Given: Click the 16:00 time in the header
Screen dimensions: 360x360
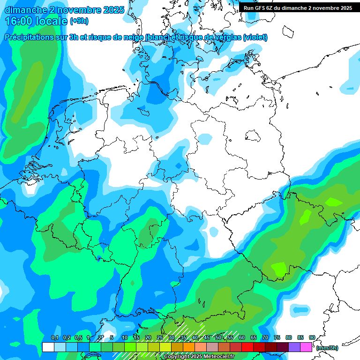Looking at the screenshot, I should pyautogui.click(x=36, y=21).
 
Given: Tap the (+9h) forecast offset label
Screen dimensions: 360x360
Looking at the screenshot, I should pyautogui.click(x=79, y=21).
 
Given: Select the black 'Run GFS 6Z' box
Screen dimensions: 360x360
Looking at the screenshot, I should pyautogui.click(x=298, y=7).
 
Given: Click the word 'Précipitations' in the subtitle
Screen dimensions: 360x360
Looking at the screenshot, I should pyautogui.click(x=33, y=37).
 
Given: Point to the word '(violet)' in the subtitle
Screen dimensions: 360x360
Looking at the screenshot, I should pyautogui.click(x=255, y=37).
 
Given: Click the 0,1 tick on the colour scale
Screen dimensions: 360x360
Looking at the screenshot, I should pyautogui.click(x=54, y=338).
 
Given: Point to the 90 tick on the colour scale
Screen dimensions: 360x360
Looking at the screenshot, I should pyautogui.click(x=312, y=338).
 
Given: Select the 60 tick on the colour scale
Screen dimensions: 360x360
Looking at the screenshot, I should pyautogui.click(x=242, y=338).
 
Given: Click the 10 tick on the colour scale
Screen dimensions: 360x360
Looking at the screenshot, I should pyautogui.click(x=125, y=338).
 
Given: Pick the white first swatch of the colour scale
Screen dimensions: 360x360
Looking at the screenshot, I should pyautogui.click(x=48, y=347).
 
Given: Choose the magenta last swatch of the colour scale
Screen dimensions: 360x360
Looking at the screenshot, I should pyautogui.click(x=306, y=347).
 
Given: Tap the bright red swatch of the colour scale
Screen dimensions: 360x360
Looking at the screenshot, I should pyautogui.click(x=247, y=347).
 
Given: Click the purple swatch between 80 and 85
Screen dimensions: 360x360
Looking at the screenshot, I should pyautogui.click(x=294, y=347).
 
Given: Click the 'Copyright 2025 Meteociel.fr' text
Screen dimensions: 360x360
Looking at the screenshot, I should pyautogui.click(x=199, y=357).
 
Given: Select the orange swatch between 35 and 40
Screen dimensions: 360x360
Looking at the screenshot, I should pyautogui.click(x=189, y=347).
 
